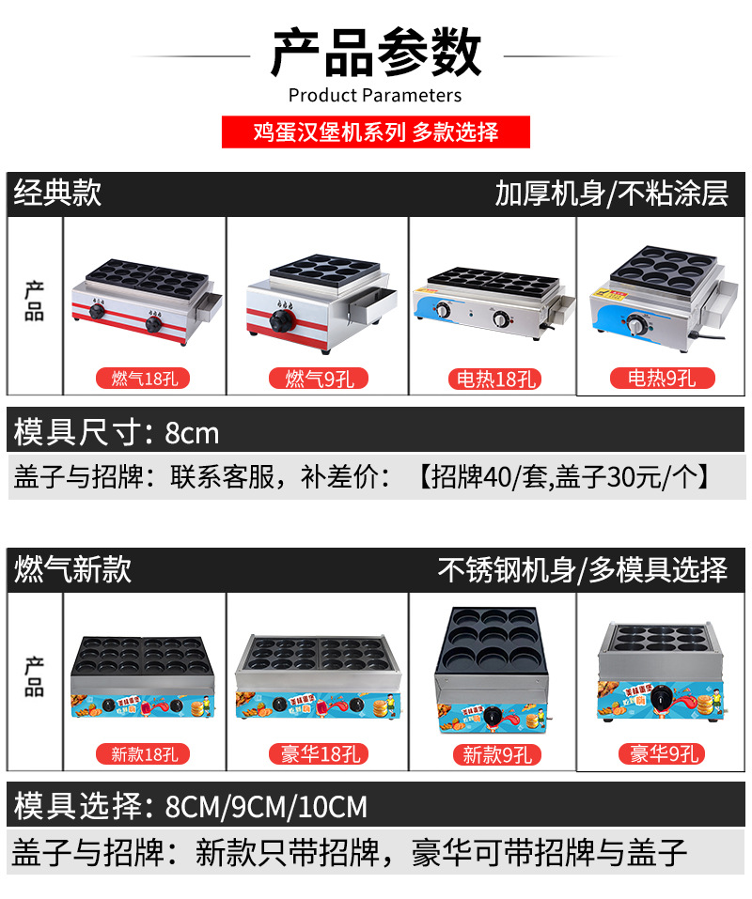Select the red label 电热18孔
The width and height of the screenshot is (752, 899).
point(493,379)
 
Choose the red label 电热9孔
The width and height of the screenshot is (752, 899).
point(662,378)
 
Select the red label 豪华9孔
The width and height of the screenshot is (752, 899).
point(661,753)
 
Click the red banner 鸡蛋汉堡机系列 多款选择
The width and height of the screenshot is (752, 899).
point(376,132)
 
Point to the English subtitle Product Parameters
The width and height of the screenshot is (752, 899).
point(375,95)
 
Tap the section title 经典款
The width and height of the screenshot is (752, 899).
point(57,194)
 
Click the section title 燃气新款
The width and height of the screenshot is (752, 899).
point(72,569)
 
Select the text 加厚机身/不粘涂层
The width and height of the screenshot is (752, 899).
point(611,194)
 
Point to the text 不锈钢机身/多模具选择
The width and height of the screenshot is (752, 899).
point(583,569)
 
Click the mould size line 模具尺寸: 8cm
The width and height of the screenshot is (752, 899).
point(116,432)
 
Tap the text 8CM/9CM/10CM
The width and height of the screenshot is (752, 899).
point(266,807)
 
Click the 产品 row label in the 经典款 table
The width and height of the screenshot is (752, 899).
point(35,301)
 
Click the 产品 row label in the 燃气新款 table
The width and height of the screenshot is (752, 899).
point(35,676)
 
